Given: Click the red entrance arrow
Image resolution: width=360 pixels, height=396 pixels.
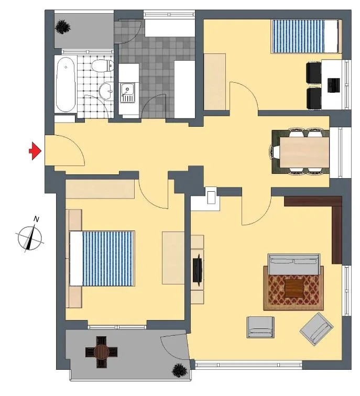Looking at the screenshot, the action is [x=35, y=151].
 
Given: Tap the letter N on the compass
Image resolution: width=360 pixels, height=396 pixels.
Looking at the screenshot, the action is [x=36, y=219].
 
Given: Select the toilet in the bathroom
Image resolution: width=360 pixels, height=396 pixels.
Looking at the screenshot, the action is [x=102, y=65].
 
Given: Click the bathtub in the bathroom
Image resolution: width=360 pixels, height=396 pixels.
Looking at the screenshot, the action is [x=66, y=84].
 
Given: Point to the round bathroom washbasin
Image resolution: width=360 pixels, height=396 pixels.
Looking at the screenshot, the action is [x=106, y=92].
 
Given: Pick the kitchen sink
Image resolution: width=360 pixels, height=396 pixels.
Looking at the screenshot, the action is [x=127, y=93].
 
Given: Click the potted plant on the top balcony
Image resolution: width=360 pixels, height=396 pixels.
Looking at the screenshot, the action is [x=62, y=27].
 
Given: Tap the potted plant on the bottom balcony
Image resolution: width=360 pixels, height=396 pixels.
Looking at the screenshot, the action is [x=180, y=371].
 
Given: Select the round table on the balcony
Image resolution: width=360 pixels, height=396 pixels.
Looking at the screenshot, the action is [x=101, y=352].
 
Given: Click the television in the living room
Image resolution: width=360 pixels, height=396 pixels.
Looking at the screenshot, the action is [x=198, y=270].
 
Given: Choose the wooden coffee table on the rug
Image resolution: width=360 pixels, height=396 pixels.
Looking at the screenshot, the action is [x=294, y=289].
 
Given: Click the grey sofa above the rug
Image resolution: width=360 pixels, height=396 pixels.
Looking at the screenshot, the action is [x=294, y=264].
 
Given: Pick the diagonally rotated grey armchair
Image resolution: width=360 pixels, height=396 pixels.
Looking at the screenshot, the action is [x=317, y=329].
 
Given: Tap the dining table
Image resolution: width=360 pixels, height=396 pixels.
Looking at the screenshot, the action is [x=304, y=152].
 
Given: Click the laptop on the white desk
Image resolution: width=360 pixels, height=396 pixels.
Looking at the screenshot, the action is [x=333, y=85].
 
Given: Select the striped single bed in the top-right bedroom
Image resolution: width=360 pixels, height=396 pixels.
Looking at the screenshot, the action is [x=305, y=37].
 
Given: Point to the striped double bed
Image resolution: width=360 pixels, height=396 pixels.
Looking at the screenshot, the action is [x=102, y=258].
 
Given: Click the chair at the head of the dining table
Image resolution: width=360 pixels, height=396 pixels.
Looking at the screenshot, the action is [x=275, y=152].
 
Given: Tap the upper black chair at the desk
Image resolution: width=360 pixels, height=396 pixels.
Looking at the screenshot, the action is [x=314, y=73].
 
